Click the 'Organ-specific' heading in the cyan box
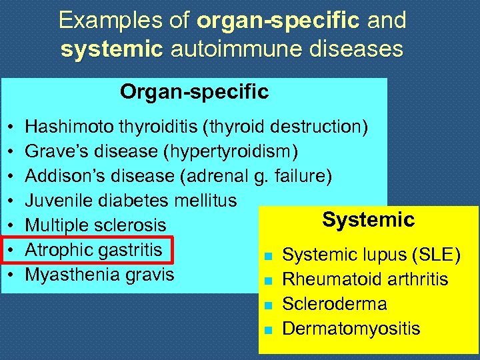[194, 92]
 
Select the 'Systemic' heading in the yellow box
[368, 219]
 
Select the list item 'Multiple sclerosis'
[95, 225]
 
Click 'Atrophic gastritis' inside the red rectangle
[93, 250]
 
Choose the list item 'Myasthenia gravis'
[99, 275]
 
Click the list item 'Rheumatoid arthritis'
[365, 279]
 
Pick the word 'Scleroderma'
[335, 304]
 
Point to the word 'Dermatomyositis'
[351, 329]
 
